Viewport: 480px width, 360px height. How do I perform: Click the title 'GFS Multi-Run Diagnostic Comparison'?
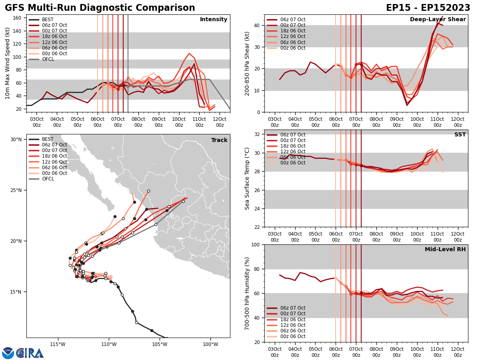click(x=100, y=8)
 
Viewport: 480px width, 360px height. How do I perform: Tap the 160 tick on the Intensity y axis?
click(x=18, y=18)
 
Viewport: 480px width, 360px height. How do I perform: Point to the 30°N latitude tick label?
click(x=16, y=140)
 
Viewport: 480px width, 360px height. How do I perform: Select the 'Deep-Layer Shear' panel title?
click(x=438, y=20)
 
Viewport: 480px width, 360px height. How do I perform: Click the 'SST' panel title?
click(x=460, y=135)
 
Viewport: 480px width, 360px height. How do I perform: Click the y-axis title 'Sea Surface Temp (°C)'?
click(x=248, y=178)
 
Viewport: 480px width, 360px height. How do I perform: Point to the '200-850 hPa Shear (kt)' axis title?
click(x=248, y=63)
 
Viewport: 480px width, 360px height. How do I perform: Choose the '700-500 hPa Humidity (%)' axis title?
click(x=248, y=293)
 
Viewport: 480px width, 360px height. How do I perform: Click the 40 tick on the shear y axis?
click(x=257, y=25)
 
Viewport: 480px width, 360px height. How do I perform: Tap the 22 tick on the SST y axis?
click(x=257, y=227)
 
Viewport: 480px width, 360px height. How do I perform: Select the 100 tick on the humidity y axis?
click(x=255, y=244)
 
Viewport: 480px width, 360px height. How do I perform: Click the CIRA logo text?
click(x=30, y=353)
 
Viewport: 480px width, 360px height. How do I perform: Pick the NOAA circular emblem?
click(x=8, y=353)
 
